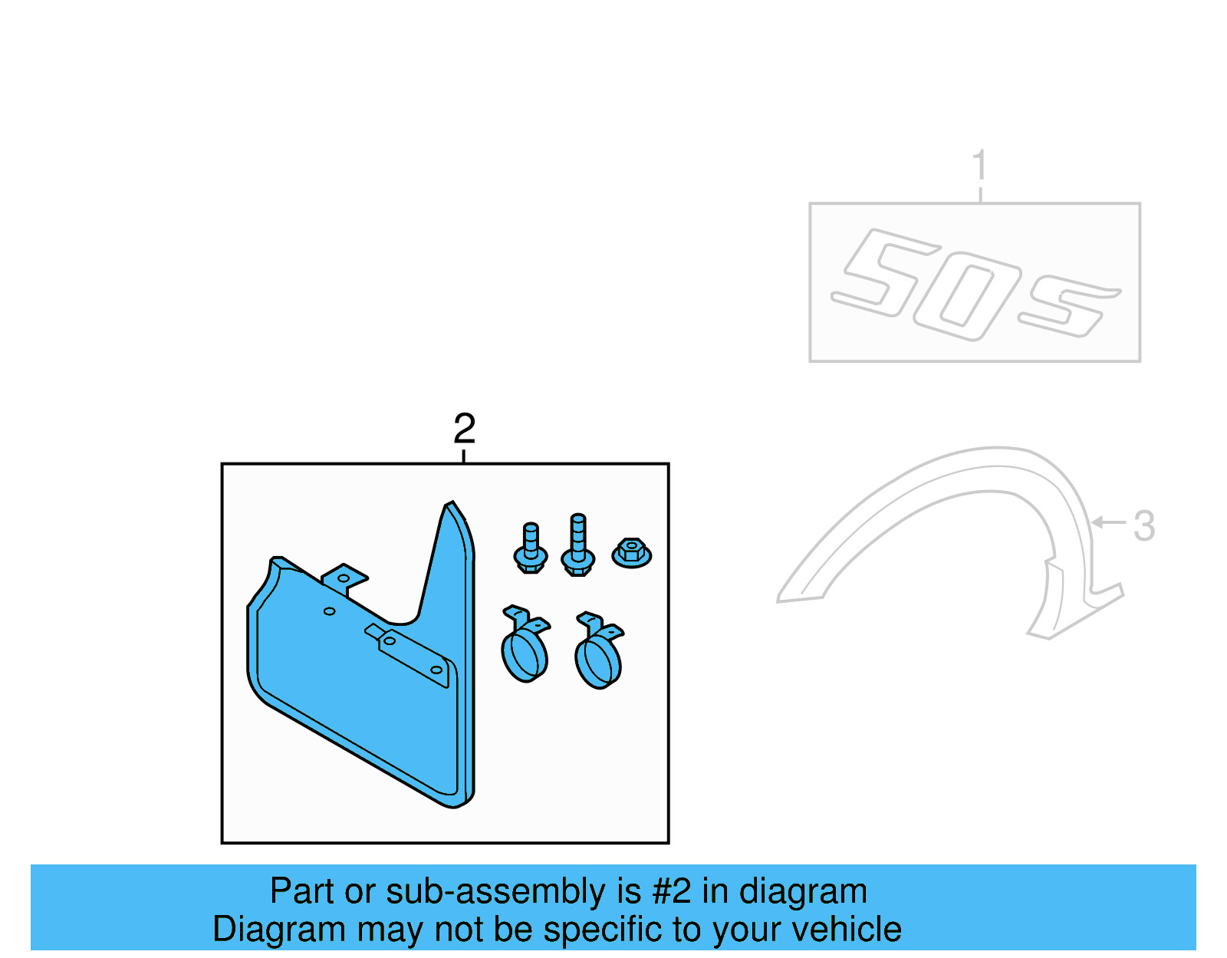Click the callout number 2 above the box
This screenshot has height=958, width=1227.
464,429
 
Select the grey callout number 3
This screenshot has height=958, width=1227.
1143,526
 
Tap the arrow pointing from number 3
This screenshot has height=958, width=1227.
1107,522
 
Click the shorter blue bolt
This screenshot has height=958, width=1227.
531,548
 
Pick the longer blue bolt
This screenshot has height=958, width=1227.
578,545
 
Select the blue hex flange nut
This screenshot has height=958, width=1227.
631,552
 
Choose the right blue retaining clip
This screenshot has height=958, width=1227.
599,651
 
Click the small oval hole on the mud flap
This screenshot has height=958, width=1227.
330,611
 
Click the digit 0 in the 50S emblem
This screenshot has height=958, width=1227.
967,300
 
